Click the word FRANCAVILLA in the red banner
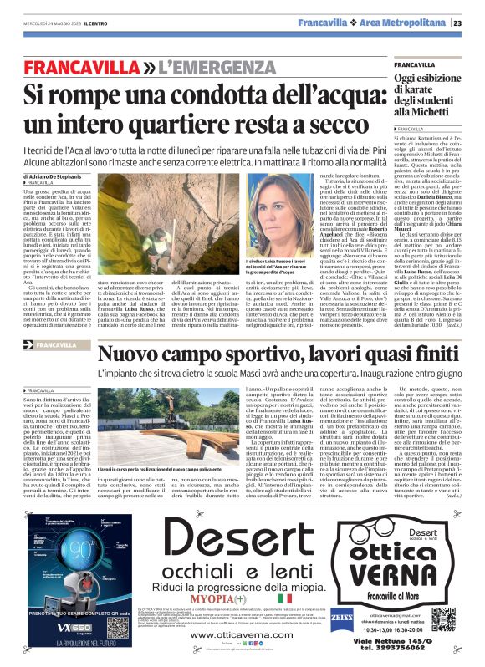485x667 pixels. (76, 65)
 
